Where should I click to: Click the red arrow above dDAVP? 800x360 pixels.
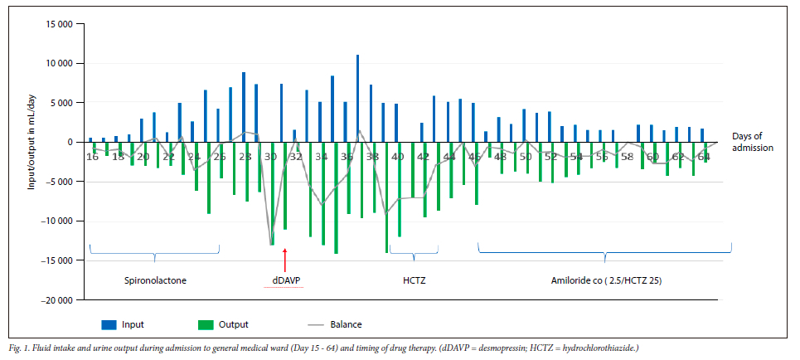284,260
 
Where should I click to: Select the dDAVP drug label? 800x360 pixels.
284,280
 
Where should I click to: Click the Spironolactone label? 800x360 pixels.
154,280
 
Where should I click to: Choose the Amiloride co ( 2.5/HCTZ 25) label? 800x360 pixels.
606,280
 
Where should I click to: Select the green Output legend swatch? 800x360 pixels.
206,324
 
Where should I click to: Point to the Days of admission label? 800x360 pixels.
753,142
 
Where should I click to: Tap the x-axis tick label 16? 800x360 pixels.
92,157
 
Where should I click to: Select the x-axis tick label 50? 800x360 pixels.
526,157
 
